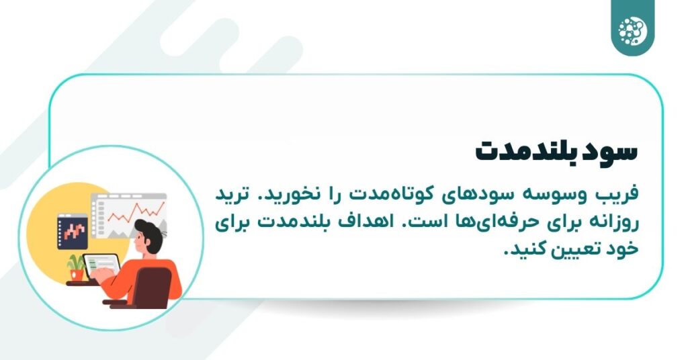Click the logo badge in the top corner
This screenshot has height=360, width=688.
[x=632, y=28]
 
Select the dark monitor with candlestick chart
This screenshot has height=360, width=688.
[x=73, y=232]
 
